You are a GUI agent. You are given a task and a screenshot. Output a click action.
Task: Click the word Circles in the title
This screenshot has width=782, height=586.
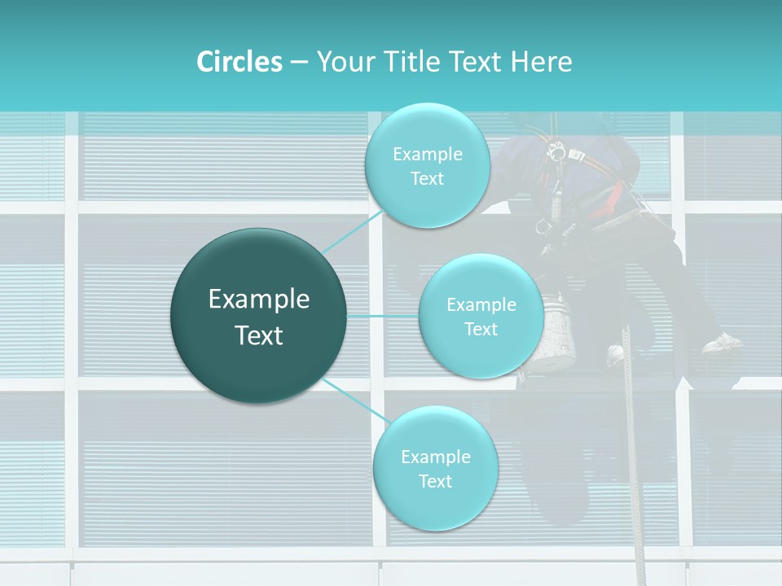click(x=239, y=62)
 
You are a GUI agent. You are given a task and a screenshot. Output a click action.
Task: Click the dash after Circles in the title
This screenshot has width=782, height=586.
click(x=299, y=63)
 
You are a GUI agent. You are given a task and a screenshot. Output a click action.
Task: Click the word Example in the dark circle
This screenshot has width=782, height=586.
click(x=259, y=300)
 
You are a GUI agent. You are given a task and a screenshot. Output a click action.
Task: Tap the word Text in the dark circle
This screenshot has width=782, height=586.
click(x=259, y=335)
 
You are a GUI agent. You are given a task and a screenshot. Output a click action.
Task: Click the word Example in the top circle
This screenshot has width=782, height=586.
click(x=427, y=154)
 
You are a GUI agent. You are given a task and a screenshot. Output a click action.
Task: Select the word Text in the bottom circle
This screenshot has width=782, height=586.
click(x=435, y=481)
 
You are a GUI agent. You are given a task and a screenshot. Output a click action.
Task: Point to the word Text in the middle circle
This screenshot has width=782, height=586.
click(x=481, y=329)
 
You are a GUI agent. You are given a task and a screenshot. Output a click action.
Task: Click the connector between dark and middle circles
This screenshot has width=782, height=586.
click(x=383, y=316)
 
